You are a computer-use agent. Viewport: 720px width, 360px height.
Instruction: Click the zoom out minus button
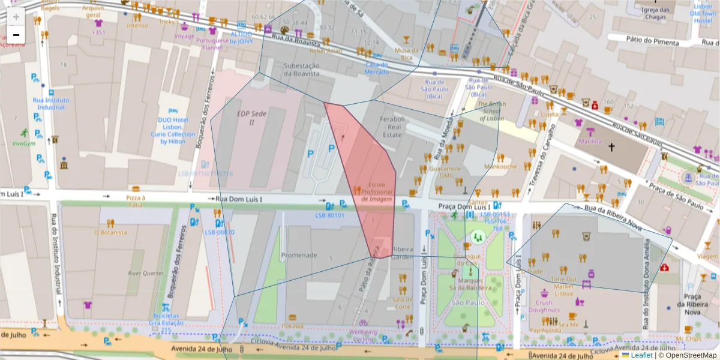[16, 35]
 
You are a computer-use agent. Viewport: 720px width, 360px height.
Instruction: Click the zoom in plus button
[16, 17]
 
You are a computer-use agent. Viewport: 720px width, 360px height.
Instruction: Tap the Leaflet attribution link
[641, 355]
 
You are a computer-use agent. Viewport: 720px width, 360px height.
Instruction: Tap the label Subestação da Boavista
[302, 70]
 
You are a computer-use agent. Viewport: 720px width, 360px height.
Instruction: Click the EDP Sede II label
[251, 117]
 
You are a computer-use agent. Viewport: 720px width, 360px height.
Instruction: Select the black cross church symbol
[612, 146]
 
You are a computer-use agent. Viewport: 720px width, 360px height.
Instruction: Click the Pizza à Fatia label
[136, 201]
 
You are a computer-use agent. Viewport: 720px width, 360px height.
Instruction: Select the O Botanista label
[110, 232]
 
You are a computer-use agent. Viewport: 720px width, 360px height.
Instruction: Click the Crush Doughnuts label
[544, 306]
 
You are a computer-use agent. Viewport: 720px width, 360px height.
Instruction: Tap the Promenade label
[299, 255]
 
